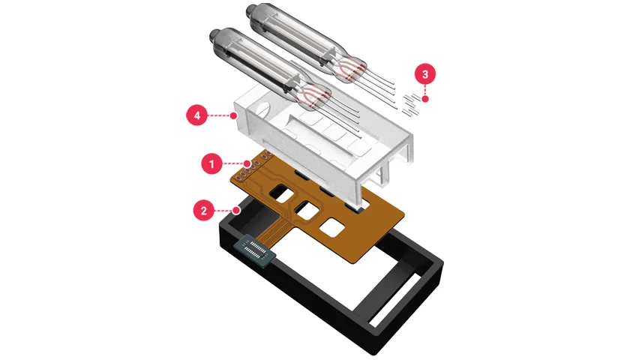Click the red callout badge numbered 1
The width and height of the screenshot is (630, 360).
point(211,163)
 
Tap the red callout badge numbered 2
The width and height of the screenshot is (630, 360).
point(204,211)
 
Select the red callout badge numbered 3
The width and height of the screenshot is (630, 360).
point(425,74)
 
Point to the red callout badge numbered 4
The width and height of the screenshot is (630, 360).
point(196,115)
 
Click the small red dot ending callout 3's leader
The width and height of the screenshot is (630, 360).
point(425,99)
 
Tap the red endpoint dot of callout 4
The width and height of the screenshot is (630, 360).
point(233,115)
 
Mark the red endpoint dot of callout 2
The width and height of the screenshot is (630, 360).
point(237,210)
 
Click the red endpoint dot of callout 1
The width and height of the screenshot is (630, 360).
point(247,163)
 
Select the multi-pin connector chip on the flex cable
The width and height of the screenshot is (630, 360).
point(255,250)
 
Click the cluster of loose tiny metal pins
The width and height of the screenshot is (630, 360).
point(411,104)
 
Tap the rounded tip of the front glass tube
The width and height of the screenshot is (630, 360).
point(214,36)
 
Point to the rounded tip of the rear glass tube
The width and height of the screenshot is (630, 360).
point(250,10)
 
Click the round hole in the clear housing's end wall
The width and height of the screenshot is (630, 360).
point(262,109)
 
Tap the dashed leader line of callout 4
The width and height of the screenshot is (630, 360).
point(219,115)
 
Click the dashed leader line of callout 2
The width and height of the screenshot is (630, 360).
point(224,211)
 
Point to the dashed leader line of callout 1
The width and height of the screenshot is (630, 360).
point(233,163)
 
